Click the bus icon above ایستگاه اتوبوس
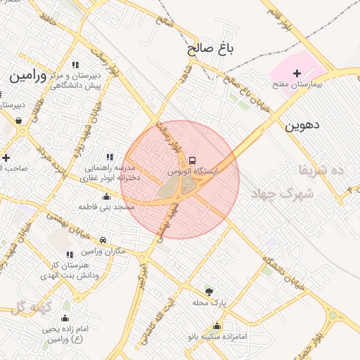[193, 159]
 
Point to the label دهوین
[302, 126]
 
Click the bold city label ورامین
[29, 75]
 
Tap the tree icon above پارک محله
[208, 292]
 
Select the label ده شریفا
[320, 169]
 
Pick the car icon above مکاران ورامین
[103, 240]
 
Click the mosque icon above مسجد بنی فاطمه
[106, 196]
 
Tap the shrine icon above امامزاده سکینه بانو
[217, 326]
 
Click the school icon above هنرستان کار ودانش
[69, 255]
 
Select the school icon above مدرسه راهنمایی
[109, 157]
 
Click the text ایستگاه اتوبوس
[193, 171]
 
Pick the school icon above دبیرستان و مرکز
[75, 65]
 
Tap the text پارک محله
[209, 303]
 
